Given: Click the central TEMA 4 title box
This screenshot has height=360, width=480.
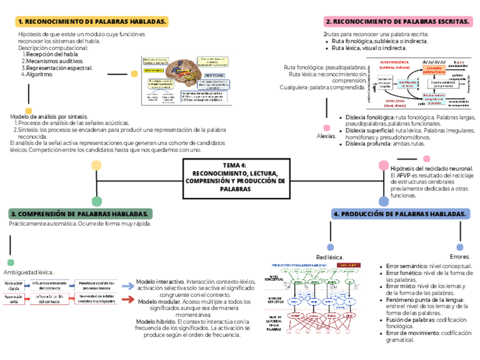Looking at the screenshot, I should (238, 177).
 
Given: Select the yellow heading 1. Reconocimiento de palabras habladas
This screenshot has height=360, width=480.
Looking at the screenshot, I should (92, 22).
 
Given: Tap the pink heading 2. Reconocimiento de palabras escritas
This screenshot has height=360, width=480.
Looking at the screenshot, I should (398, 22).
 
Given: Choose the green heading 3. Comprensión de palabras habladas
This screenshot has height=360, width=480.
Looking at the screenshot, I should (80, 213).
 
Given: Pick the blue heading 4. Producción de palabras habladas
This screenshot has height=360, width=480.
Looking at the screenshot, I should (401, 213).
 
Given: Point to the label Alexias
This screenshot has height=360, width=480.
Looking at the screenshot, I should (326, 136).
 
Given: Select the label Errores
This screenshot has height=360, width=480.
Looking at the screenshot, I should (459, 256).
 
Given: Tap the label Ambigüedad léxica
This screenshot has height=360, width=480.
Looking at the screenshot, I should (29, 272).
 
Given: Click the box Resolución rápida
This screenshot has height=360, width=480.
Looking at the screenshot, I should (14, 286).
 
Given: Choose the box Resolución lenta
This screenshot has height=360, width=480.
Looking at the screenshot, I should (14, 299).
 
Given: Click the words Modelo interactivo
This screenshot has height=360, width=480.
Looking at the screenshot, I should (160, 281).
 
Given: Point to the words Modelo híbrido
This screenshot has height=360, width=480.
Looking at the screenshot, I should (156, 322).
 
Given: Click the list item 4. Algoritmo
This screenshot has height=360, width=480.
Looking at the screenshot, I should (37, 74).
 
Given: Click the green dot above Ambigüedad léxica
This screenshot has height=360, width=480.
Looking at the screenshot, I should (10, 262).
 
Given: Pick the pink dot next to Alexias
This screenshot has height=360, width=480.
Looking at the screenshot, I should (326, 127).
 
